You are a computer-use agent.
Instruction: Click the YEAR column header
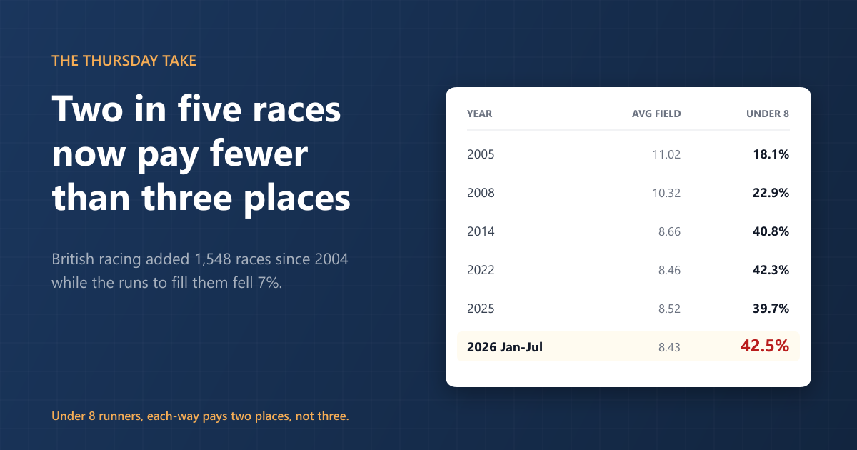[479, 114]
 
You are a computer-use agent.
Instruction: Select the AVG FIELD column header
[656, 114]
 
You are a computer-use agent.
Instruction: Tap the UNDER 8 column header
[768, 114]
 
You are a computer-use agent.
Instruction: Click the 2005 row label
[481, 154]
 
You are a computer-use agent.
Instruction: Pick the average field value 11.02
[666, 154]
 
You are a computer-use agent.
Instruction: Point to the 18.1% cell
[771, 154]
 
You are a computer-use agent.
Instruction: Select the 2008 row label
[481, 193]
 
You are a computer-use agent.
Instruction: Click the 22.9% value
[771, 193]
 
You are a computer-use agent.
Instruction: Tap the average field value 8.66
[670, 231]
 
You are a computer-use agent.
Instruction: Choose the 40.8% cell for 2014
[771, 231]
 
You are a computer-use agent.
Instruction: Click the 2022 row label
[481, 270]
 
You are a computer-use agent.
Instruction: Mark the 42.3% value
[771, 270]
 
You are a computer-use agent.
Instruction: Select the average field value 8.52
[670, 309]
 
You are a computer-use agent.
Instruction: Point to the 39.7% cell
[771, 309]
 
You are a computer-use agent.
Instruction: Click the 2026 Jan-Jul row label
[505, 347]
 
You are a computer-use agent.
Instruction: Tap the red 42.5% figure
[765, 346]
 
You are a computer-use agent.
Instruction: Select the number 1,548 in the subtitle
[213, 259]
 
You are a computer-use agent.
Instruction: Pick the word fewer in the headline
[259, 154]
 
